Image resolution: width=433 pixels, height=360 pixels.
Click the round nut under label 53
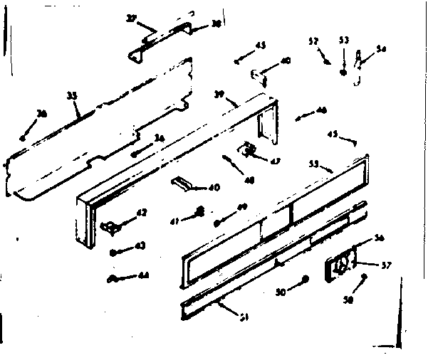(x=344, y=72)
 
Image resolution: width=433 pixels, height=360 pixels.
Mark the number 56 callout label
(x=379, y=238)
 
